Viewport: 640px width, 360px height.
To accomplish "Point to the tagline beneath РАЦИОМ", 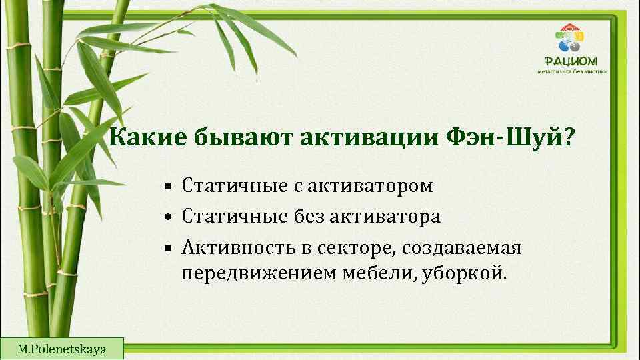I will click(x=573, y=71).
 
